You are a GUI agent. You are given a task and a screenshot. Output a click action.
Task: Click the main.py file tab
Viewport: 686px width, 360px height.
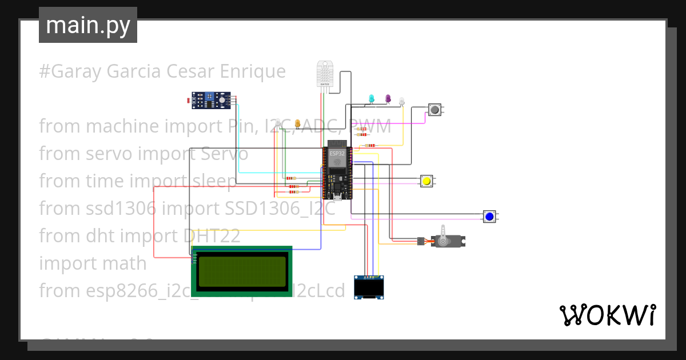pos(88,26)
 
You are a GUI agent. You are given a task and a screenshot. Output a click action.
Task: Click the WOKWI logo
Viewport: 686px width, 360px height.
pos(607,315)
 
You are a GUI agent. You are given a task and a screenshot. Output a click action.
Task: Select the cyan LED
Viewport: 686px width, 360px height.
pos(371,99)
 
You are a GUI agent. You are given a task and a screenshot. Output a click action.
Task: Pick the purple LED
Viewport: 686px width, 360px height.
pos(388,99)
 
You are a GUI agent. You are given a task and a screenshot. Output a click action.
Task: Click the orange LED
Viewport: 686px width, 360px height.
pos(297,123)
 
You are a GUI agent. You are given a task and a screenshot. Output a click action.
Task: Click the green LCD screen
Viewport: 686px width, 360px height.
pos(241,271)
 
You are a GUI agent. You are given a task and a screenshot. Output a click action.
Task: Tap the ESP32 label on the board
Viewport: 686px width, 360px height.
pos(337,153)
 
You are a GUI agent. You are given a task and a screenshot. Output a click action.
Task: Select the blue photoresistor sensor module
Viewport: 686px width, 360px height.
pos(212,101)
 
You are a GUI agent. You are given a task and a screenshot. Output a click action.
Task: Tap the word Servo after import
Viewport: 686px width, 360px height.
pos(224,154)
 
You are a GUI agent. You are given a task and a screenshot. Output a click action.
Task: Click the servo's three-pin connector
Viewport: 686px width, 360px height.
pos(421,242)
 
